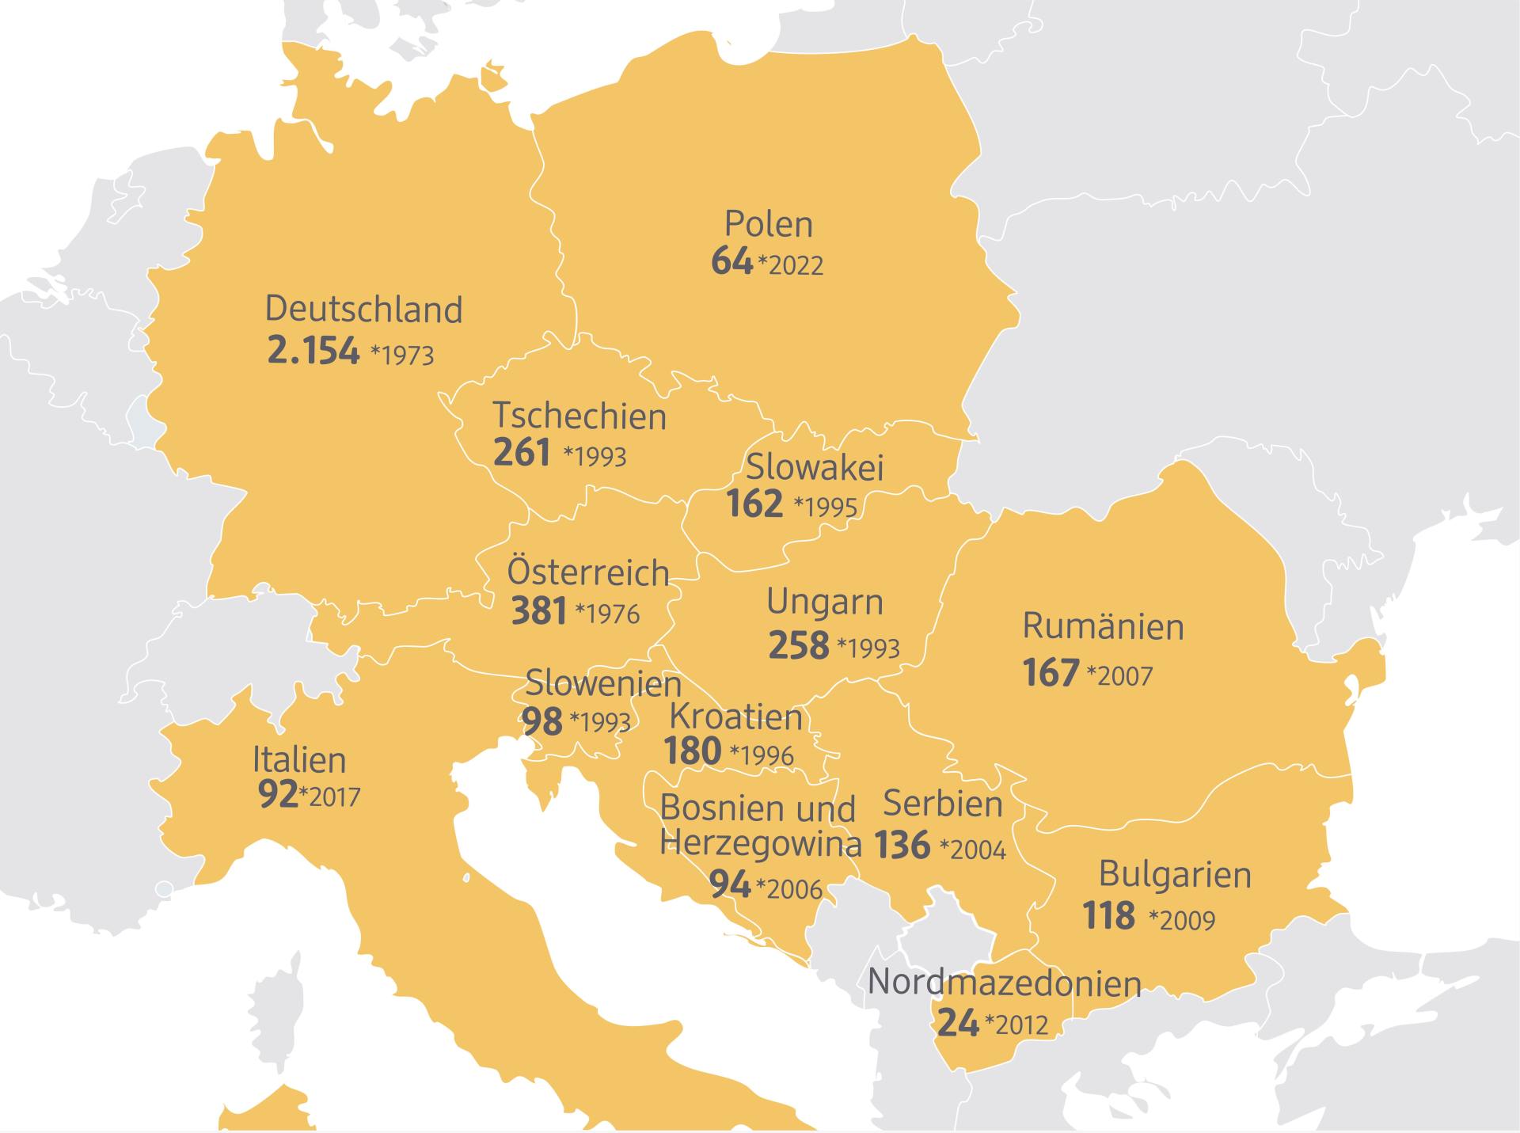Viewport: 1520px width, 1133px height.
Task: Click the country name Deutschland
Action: point(363,310)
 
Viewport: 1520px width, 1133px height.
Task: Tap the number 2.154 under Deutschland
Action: point(313,351)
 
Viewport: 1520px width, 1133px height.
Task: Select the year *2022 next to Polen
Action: point(791,265)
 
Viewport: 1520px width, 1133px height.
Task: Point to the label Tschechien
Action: point(579,416)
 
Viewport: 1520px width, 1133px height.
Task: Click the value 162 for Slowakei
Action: point(754,504)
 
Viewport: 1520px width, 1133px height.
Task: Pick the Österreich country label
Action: point(588,572)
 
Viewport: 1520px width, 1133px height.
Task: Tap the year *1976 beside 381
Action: point(607,614)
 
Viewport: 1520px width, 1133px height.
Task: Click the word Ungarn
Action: point(824,603)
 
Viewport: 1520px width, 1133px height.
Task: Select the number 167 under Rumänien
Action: point(1051,673)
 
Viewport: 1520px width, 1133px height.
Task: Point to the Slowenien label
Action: point(603,683)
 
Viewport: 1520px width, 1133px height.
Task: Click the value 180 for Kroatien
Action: point(693,751)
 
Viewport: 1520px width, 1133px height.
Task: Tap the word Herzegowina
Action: point(760,844)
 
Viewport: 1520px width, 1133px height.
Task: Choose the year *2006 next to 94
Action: point(789,889)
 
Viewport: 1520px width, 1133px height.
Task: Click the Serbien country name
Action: point(943,804)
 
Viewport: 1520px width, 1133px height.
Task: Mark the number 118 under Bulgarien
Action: point(1108,916)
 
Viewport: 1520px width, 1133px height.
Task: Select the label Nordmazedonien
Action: point(1005,983)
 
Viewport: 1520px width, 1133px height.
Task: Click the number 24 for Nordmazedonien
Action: point(958,1023)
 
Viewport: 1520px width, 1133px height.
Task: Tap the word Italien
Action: point(299,760)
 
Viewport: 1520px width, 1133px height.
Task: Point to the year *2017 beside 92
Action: point(330,797)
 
